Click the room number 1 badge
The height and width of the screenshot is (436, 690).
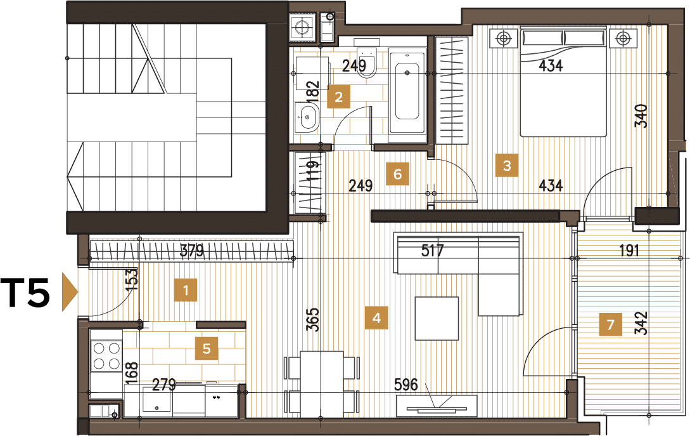[x=185, y=290]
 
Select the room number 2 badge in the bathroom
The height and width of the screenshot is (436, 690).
[x=338, y=97]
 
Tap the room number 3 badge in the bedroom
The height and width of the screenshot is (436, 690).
[x=506, y=165]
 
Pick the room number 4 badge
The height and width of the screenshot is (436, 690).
[x=376, y=318]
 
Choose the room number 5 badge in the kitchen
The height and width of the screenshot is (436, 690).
[x=207, y=348]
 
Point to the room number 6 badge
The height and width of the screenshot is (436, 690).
[x=397, y=174]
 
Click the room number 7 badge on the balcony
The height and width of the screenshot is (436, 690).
[x=610, y=324]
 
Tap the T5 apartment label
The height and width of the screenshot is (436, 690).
[x=25, y=293]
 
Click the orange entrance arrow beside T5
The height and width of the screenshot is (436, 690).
[x=70, y=292]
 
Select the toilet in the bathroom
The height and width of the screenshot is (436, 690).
[x=366, y=62]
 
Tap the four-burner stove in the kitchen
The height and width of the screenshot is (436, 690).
[x=106, y=357]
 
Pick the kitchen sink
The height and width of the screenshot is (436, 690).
[x=157, y=399]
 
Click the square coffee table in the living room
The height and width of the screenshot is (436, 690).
[x=437, y=318]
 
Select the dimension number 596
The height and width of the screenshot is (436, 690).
[x=406, y=385]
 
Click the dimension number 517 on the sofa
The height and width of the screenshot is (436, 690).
[x=432, y=251]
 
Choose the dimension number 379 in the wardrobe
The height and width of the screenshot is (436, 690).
[x=192, y=251]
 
